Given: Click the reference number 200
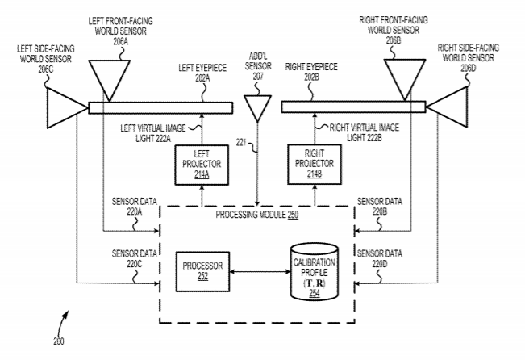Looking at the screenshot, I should pyautogui.click(x=57, y=341).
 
